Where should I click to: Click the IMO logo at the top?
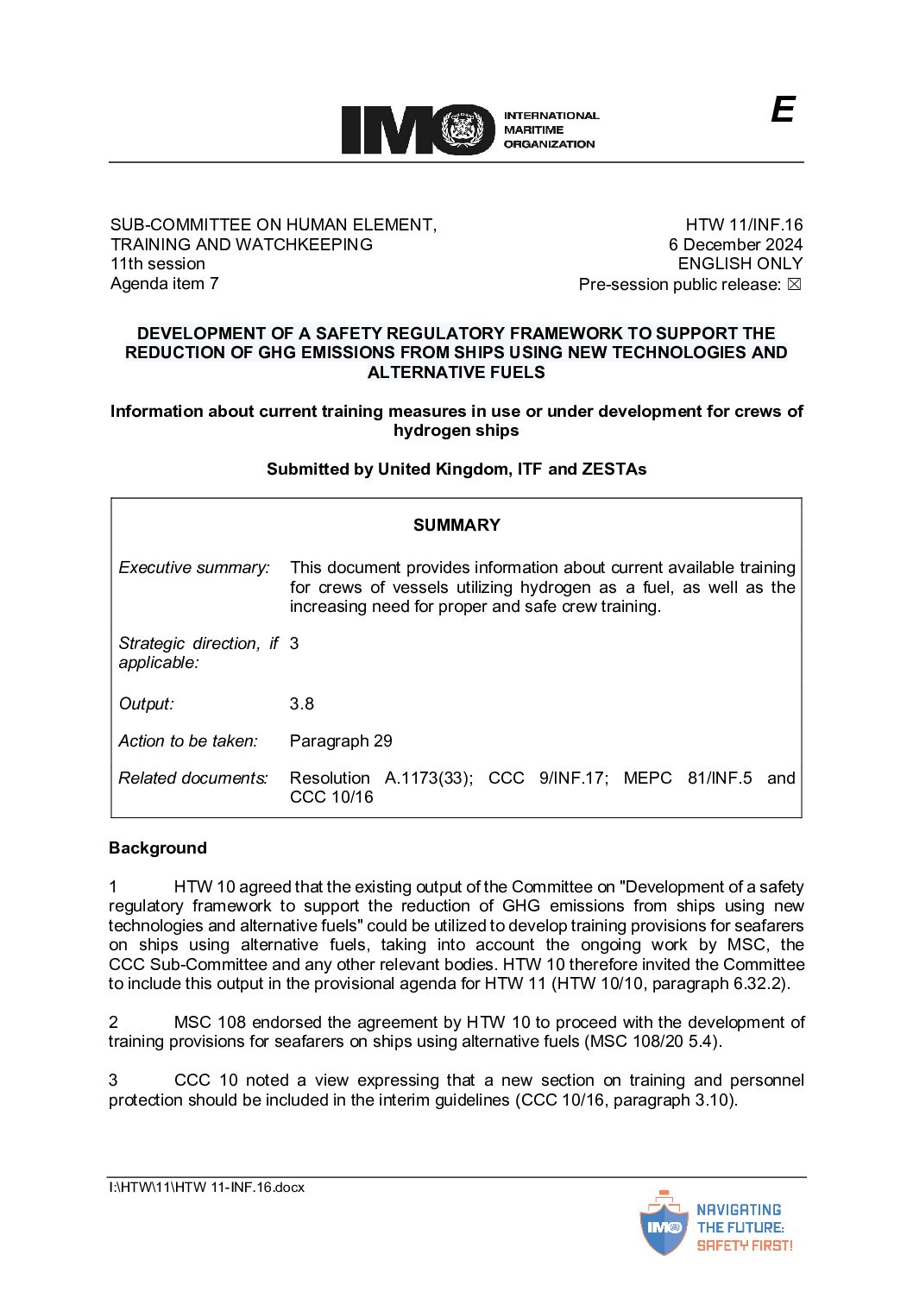coord(418,129)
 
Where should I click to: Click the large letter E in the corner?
coord(782,110)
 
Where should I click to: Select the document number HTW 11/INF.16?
coord(744,224)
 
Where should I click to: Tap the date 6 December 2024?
coord(735,244)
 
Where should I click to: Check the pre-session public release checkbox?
coord(795,284)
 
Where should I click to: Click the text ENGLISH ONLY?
coord(740,263)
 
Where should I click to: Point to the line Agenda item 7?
coord(164,283)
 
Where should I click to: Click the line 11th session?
coord(157,263)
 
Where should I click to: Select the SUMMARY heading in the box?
coord(456,525)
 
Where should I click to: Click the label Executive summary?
coord(194,567)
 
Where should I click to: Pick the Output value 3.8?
coord(301,703)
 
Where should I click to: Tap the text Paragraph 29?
coord(341,741)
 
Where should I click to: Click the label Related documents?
coord(193,778)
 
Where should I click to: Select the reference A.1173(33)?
coord(428,778)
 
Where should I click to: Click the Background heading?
coord(158,848)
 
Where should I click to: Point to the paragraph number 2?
coord(113,1022)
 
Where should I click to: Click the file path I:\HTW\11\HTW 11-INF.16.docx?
coord(206,1187)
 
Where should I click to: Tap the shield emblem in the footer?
coord(664,1225)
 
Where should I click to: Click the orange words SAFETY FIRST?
coord(744,1245)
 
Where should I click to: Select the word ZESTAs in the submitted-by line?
coord(614,469)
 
